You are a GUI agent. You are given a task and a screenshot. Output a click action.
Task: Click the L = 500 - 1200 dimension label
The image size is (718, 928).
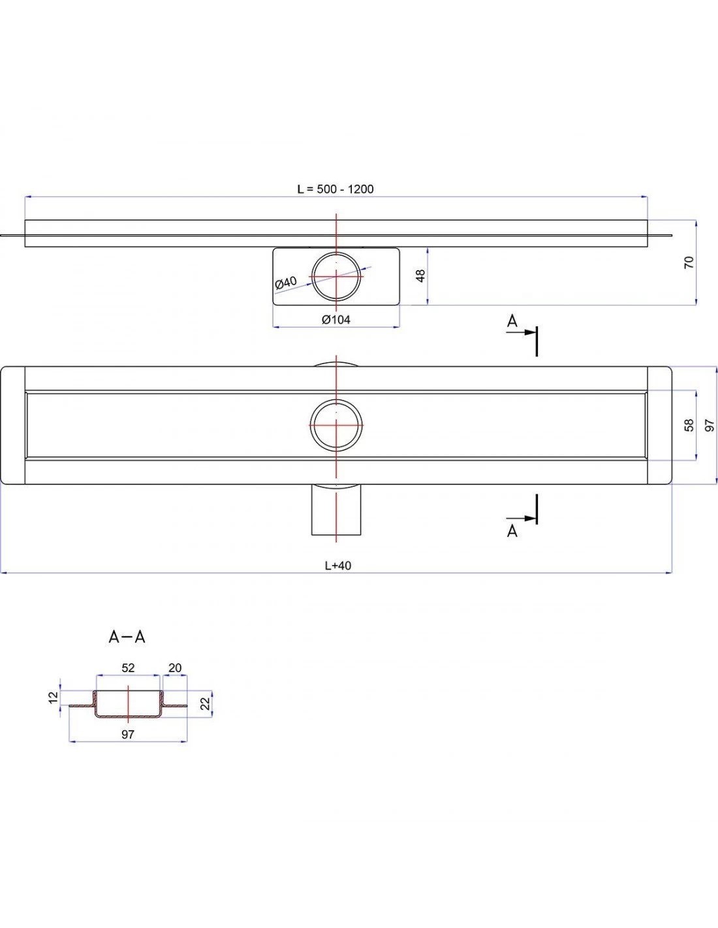point(336,189)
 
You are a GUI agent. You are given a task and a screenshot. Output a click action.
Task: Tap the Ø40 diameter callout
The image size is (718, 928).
point(286,283)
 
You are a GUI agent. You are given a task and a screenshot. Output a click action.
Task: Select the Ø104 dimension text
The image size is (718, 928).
point(336,319)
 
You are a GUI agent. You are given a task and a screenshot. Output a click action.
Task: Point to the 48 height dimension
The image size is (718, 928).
point(421,275)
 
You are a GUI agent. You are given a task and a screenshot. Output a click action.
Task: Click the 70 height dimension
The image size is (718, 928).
point(689,262)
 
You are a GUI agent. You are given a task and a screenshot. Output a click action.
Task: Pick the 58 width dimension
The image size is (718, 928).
point(689,425)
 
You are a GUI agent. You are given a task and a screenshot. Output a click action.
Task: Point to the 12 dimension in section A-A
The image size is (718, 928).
point(54,697)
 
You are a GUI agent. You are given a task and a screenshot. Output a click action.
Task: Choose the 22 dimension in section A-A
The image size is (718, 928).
point(206,704)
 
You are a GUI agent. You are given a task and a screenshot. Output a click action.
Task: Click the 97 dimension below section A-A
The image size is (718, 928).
point(128,734)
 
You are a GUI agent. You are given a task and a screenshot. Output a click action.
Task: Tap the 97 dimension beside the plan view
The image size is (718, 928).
point(710,425)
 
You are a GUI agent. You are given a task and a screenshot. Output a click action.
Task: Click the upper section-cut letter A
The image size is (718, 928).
point(512,321)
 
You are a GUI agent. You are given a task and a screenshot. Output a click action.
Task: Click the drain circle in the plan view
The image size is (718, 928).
point(337,425)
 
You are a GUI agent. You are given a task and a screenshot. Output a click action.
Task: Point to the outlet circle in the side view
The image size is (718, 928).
point(337,276)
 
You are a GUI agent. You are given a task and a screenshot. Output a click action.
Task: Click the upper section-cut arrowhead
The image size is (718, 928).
point(531,332)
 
